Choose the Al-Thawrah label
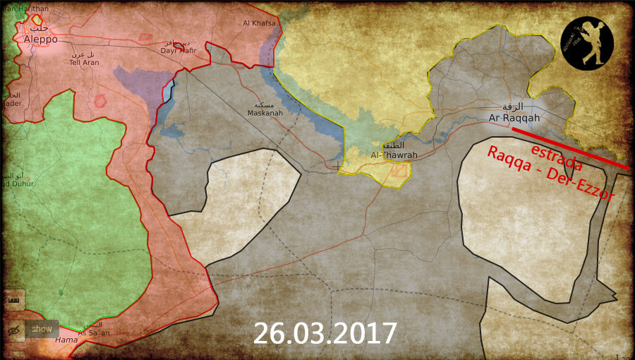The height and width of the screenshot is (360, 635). (x=394, y=155)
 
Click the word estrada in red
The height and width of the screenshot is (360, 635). (x=557, y=160)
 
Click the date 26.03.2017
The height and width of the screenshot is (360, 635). (x=325, y=333)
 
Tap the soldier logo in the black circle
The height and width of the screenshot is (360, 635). (x=587, y=44)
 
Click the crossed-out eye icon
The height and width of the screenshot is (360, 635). (x=13, y=329)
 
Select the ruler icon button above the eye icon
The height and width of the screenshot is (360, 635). (x=13, y=300)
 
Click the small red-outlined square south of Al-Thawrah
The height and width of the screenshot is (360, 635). (x=400, y=170)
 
